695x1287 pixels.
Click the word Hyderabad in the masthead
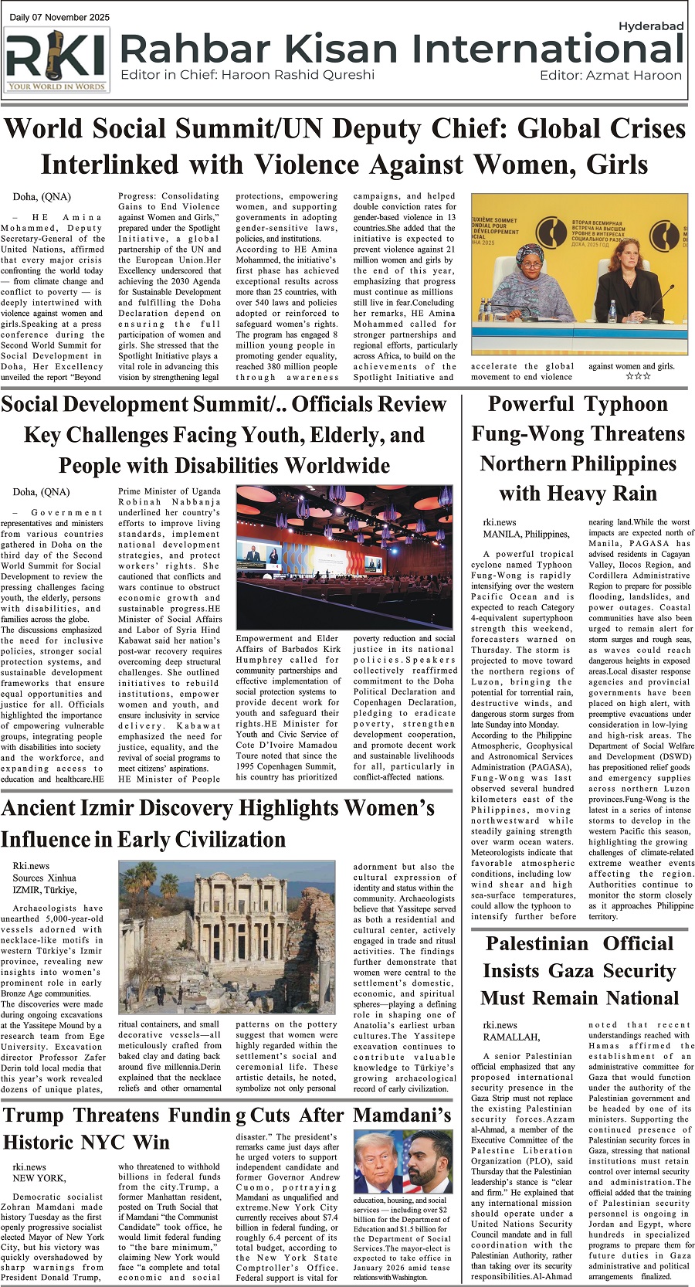[x=651, y=26]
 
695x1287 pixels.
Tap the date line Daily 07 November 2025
[x=59, y=17]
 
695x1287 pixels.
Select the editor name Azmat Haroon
[x=633, y=76]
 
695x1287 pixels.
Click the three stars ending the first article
[x=638, y=376]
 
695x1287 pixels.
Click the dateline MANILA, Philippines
[x=526, y=534]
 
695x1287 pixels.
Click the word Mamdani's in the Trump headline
[x=402, y=1116]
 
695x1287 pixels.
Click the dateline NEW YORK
[x=39, y=1178]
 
